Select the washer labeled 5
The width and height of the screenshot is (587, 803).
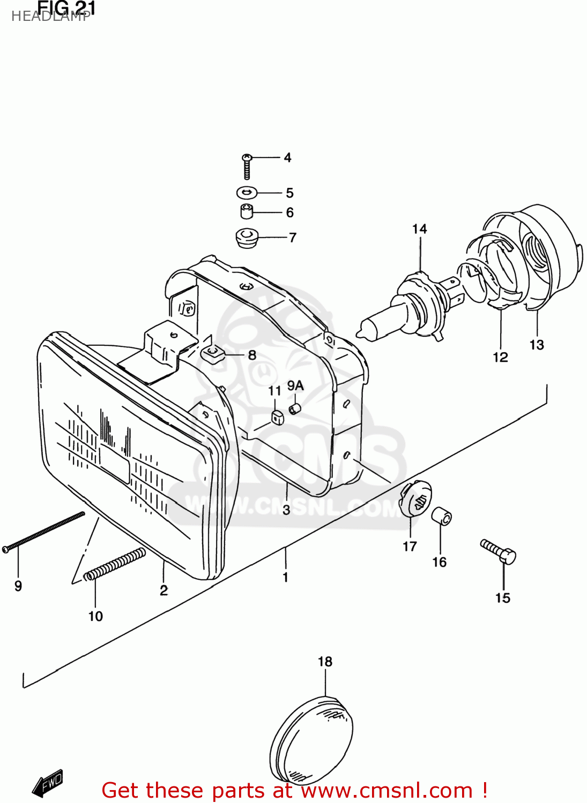tap(247, 192)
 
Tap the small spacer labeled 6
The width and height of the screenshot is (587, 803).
tap(246, 211)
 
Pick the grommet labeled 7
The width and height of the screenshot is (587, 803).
tap(247, 237)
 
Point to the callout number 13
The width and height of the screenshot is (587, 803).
tap(537, 345)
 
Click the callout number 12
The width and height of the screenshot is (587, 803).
tap(500, 357)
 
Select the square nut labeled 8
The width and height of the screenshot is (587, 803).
tap(211, 353)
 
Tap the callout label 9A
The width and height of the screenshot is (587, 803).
tap(295, 385)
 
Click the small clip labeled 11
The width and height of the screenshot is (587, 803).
tap(277, 416)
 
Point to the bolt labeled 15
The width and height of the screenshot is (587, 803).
tap(499, 552)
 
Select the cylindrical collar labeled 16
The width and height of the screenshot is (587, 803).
tap(442, 517)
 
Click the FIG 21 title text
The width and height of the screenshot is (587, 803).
tap(66, 9)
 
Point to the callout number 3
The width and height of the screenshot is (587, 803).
tap(286, 510)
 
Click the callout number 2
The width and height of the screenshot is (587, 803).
tap(164, 590)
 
